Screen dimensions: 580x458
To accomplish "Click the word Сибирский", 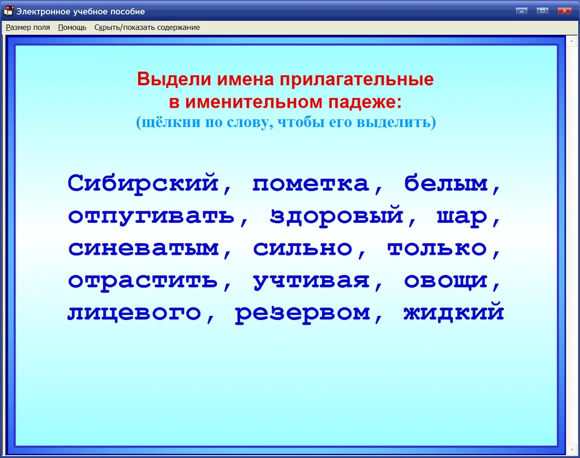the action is click(x=143, y=183).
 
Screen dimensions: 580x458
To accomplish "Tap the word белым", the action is click(x=446, y=183).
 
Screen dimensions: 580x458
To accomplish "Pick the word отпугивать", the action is click(x=151, y=216).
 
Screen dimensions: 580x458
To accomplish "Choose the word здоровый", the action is click(x=336, y=215).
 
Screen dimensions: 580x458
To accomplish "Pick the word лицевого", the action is click(x=135, y=313).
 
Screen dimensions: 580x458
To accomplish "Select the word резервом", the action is click(x=303, y=314).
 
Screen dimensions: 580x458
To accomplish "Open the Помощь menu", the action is click(x=72, y=27).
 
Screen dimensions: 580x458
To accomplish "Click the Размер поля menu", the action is click(x=28, y=27).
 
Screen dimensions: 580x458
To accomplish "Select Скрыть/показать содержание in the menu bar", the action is click(x=147, y=27).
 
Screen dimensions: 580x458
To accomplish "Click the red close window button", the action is click(x=565, y=11).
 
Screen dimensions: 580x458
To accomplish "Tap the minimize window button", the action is click(x=522, y=11).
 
